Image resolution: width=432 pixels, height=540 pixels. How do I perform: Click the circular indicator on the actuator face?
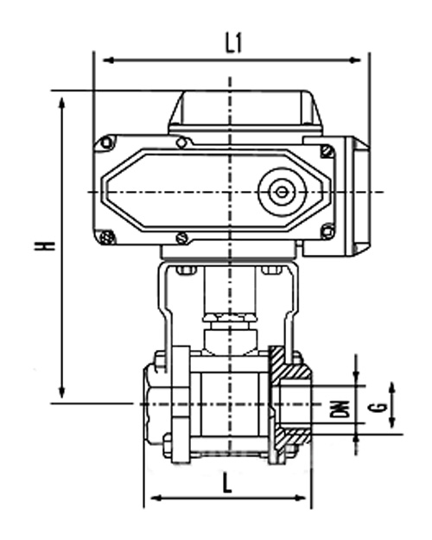point(282,192)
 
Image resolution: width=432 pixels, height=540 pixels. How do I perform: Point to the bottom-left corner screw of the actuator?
point(106,237)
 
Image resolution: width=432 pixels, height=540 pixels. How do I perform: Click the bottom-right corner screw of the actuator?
point(327,231)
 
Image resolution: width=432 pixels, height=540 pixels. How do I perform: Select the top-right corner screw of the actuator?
point(327,152)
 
